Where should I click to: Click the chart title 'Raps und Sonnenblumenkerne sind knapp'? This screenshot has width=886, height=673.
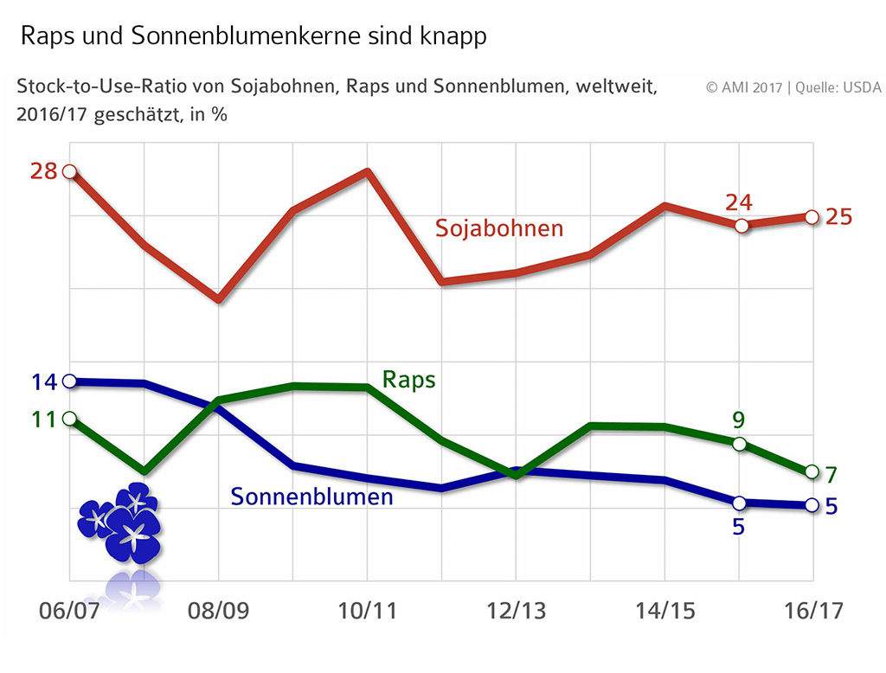[x=254, y=36]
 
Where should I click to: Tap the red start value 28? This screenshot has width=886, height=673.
[x=43, y=171]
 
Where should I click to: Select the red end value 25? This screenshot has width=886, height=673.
[x=839, y=216]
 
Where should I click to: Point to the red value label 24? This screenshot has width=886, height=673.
[x=738, y=202]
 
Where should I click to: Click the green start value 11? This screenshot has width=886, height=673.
[x=43, y=420]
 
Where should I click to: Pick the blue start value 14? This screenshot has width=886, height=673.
[x=43, y=382]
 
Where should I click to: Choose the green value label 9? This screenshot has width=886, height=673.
[x=738, y=420]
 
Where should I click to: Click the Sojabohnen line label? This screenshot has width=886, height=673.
[x=499, y=228]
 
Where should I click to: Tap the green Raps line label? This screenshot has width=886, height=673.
[x=408, y=380]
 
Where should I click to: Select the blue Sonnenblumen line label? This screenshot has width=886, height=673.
[x=311, y=497]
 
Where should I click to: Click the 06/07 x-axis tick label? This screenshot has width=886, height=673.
[x=70, y=610]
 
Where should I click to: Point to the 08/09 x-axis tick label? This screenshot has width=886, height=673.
[x=219, y=610]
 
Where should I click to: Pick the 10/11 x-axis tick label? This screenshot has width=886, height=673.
[x=368, y=610]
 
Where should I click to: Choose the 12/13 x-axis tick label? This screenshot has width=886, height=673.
[x=517, y=610]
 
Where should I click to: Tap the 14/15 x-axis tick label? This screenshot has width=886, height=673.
[x=665, y=610]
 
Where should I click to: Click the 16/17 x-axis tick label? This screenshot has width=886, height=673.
[x=812, y=610]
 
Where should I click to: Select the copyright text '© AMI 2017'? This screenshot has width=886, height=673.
[x=743, y=87]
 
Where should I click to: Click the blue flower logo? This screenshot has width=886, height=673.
[x=119, y=522]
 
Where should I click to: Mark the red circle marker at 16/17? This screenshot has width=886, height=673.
[x=812, y=216]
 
